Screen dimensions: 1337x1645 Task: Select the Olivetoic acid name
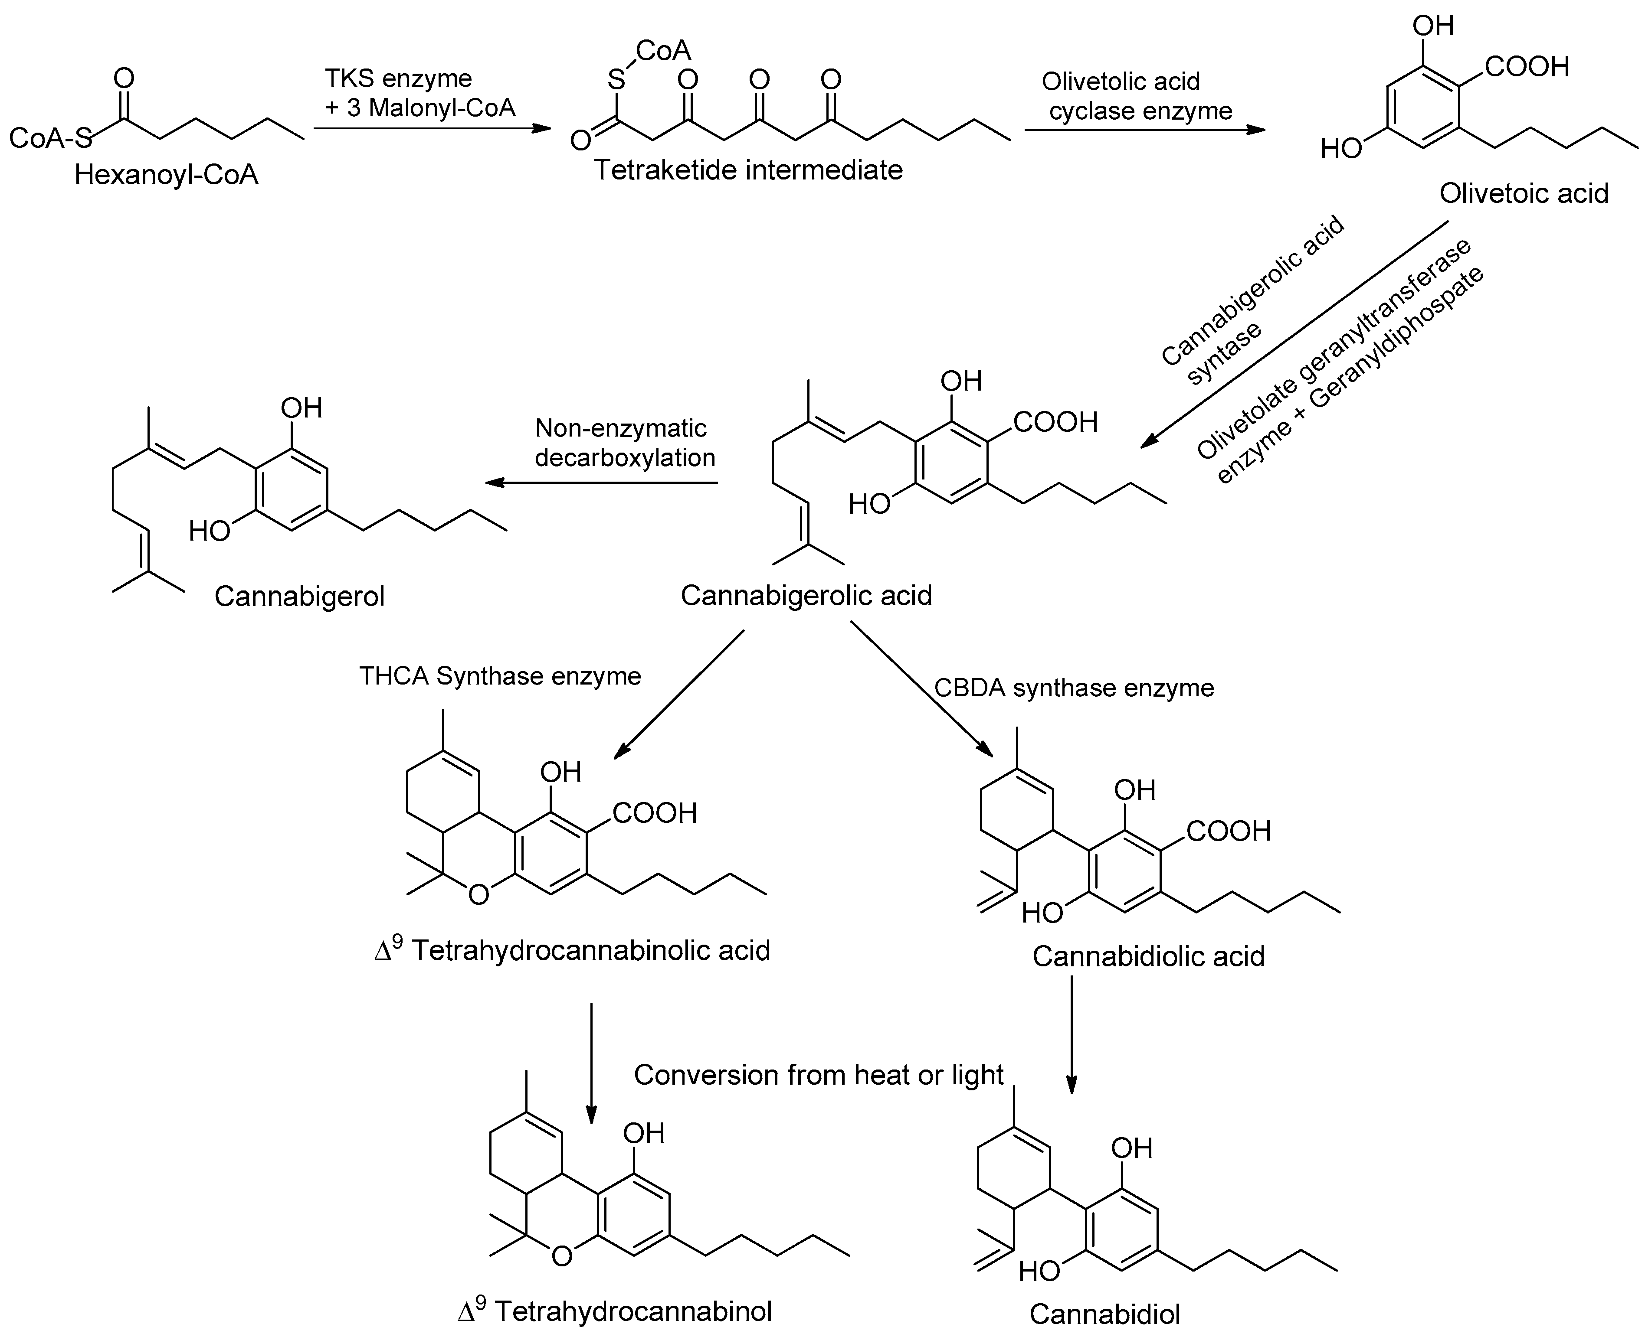(x=1523, y=193)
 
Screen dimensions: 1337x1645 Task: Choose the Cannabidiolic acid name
(x=1148, y=956)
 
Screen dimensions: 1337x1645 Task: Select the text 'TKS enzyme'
(x=397, y=78)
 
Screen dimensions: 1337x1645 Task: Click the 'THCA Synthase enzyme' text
(x=500, y=676)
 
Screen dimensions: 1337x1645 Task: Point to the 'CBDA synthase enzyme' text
(x=1074, y=688)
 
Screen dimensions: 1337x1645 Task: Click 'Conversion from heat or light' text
(x=818, y=1074)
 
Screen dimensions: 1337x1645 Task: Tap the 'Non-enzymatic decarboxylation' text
(x=624, y=443)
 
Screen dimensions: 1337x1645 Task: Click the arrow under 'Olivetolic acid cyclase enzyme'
(x=1144, y=130)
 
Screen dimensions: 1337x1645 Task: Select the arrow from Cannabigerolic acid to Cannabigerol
(x=601, y=483)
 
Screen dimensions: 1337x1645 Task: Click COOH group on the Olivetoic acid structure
(x=1526, y=68)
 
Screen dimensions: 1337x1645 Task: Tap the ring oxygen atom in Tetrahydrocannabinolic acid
(x=478, y=895)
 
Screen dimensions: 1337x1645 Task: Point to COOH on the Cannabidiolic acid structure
(x=1228, y=831)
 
